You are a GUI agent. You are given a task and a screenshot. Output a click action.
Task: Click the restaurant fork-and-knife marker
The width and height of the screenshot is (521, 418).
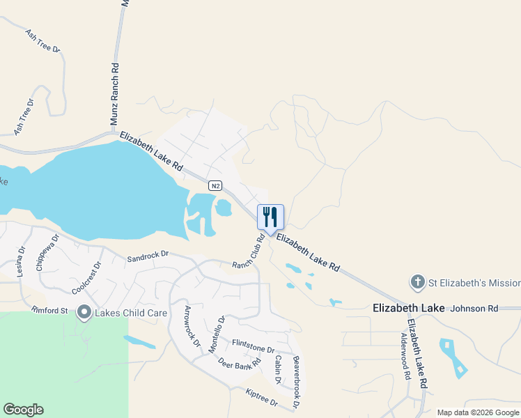coord(271,217)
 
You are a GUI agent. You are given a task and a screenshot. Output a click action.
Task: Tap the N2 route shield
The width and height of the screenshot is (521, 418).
coord(216,185)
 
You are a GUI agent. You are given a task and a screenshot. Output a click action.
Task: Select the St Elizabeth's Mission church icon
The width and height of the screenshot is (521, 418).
coord(417,283)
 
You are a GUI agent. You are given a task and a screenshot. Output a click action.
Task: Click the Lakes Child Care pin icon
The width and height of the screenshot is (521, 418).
coord(85,312)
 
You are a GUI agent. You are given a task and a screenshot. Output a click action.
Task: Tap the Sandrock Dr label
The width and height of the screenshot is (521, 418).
coord(148,258)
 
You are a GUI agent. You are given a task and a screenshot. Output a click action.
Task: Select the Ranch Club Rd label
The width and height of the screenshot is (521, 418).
coord(249,252)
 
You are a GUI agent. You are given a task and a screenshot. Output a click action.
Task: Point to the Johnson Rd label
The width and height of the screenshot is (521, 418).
coord(474,308)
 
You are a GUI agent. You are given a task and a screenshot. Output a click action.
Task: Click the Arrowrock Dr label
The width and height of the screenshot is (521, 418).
coord(192,327)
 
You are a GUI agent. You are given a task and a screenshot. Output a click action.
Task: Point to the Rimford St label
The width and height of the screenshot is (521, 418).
coord(49,310)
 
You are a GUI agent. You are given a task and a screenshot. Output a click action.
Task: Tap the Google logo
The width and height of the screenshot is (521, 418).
coord(23,410)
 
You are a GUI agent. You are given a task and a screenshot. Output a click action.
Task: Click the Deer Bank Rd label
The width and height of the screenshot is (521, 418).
coord(238,363)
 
